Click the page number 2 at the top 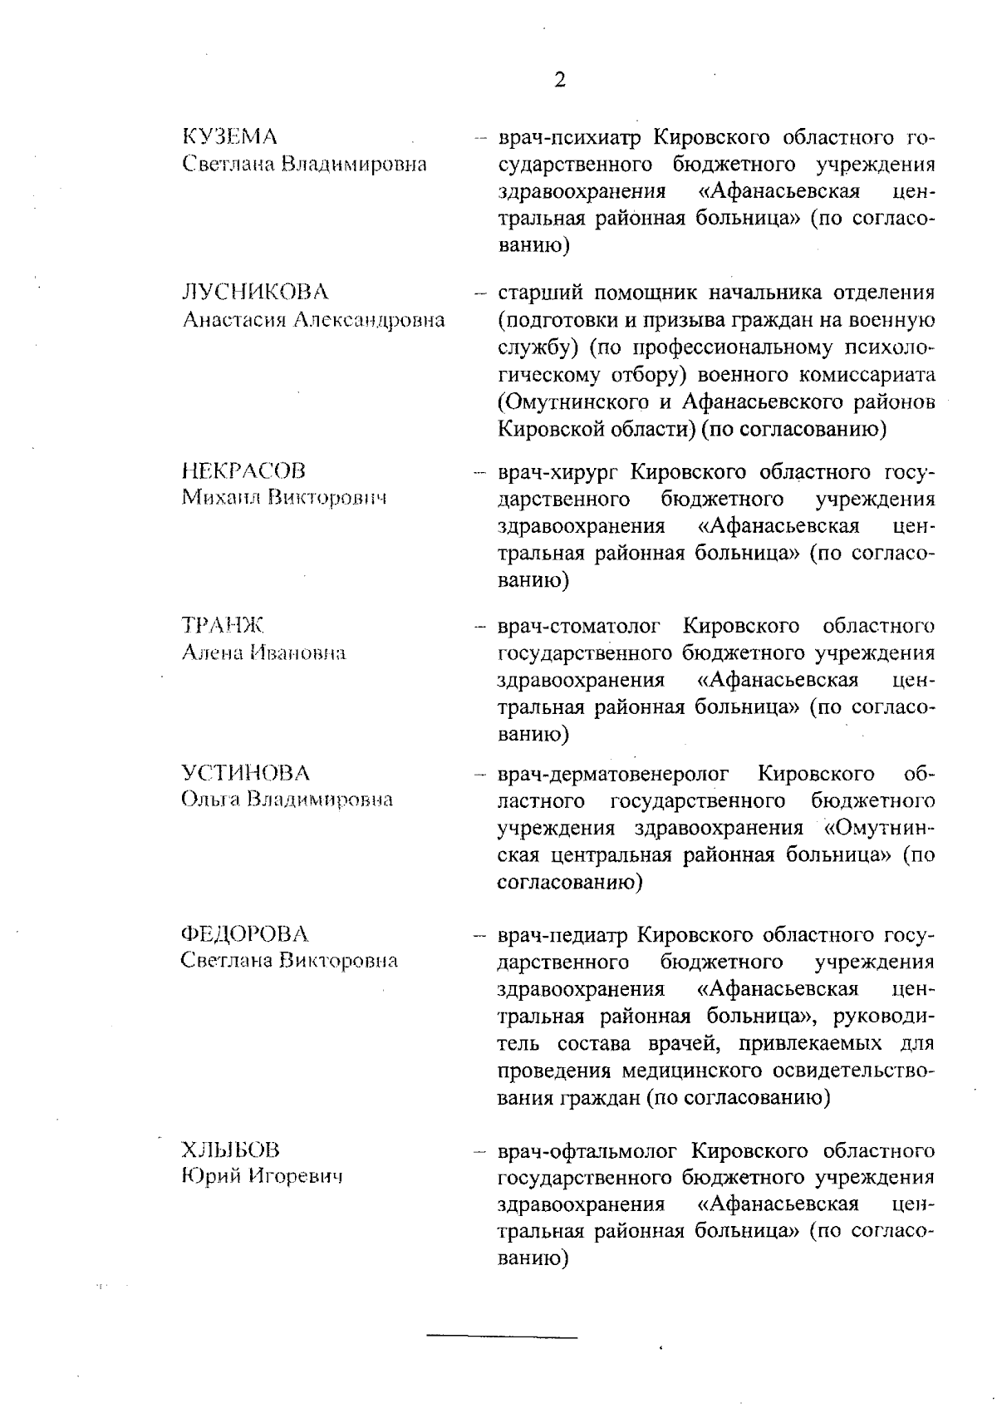559,80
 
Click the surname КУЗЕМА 229,136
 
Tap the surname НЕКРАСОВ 243,471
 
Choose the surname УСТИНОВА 245,773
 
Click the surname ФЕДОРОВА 244,934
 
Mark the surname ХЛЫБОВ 231,1150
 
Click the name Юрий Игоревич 262,1177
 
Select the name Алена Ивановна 263,653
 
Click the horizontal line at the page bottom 502,1337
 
